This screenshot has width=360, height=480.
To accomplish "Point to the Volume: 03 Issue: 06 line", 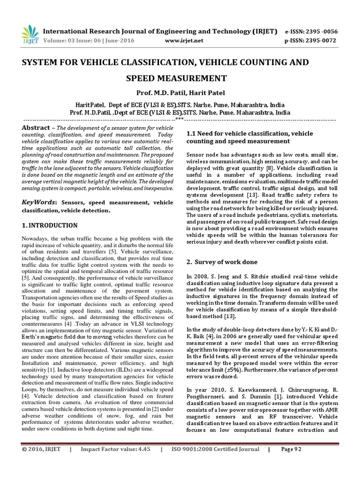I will pyautogui.click(x=89, y=41).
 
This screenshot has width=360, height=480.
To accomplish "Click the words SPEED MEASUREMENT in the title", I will pyautogui.click(x=180, y=78).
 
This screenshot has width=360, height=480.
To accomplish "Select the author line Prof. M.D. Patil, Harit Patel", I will pyautogui.click(x=180, y=93).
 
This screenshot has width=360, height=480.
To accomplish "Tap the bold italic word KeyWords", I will pyautogui.click(x=39, y=202).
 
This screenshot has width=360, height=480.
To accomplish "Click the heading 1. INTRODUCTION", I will pyautogui.click(x=50, y=225).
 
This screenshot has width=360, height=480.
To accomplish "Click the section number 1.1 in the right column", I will pyautogui.click(x=192, y=133).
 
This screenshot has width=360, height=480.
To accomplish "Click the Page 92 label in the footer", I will pyautogui.click(x=291, y=449).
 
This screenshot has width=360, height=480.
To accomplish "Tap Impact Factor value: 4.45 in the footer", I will pyautogui.click(x=115, y=449).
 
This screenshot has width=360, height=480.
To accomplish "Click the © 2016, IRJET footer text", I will pyautogui.click(x=41, y=449).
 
